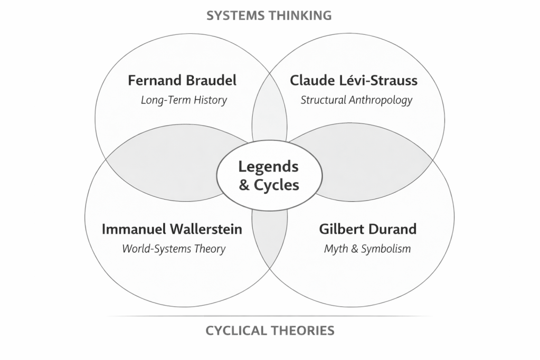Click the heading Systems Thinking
pos(269,15)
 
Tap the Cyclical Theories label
pos(270,331)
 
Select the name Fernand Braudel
pos(182,81)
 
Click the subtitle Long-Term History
pos(184,100)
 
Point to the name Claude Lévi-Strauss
pos(354,81)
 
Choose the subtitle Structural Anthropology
pos(356,100)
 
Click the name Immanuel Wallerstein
pos(172,229)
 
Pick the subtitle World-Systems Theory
pos(174,249)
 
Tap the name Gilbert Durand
pos(367,229)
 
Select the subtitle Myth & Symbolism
pos(367,249)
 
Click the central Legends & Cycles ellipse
pos(269,195)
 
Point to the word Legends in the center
pos(268,167)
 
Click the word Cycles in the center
pos(277,185)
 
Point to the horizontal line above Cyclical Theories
pos(269,316)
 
